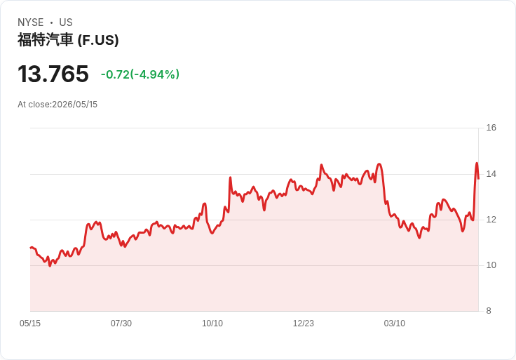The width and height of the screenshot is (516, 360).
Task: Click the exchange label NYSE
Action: (x=31, y=22)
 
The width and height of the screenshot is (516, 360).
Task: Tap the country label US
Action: (x=66, y=22)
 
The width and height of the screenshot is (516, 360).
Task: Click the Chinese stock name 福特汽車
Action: (x=45, y=40)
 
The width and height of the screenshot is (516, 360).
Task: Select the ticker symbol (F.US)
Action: (x=98, y=40)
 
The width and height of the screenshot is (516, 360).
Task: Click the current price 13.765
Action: (x=53, y=74)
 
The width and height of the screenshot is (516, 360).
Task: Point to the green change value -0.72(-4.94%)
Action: (x=140, y=74)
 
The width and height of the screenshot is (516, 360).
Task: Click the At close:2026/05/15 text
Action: (x=57, y=105)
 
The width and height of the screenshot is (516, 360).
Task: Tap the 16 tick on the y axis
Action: (x=491, y=128)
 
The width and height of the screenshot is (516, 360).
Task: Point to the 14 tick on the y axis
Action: (x=491, y=174)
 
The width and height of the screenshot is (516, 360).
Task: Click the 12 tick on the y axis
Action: (x=491, y=220)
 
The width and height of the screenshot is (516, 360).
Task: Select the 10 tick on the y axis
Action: (x=491, y=265)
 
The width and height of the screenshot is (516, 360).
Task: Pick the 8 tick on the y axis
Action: (x=489, y=311)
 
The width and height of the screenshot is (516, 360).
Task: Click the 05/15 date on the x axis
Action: (x=30, y=324)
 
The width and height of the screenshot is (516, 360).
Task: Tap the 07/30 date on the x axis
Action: (x=121, y=324)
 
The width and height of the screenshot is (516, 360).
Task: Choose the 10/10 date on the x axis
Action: (x=212, y=324)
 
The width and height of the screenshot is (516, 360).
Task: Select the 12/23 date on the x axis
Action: (x=304, y=324)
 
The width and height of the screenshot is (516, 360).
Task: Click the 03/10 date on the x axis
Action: (x=394, y=324)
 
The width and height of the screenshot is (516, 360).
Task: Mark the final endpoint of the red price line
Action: (x=478, y=179)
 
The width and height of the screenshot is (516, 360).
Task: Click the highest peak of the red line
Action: (x=477, y=163)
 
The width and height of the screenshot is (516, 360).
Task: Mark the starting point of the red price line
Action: (x=30, y=248)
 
